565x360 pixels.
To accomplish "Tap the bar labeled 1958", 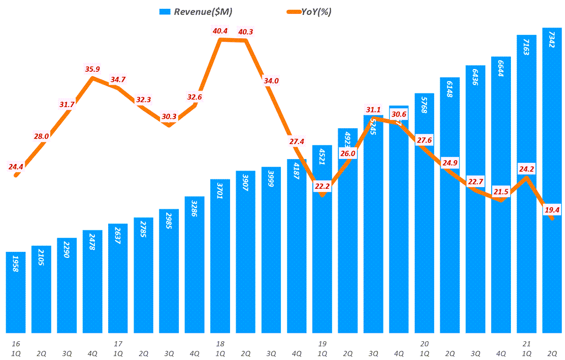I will tap(17, 293).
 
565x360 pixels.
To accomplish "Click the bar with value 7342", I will tap(552, 182).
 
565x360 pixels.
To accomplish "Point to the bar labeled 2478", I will tap(93, 282).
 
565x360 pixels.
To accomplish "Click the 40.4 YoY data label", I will tap(220, 31).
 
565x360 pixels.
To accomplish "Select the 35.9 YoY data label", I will tap(92, 69).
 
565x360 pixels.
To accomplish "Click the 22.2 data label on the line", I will tap(322, 187).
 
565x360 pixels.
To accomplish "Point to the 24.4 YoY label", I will tap(16, 166).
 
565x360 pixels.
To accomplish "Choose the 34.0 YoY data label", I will tap(271, 81).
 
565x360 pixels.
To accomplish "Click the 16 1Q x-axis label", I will tap(16, 348).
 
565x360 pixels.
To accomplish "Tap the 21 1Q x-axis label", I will tap(526, 348).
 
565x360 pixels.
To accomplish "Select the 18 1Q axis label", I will tap(220, 348).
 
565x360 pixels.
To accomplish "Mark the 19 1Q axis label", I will tap(322, 348).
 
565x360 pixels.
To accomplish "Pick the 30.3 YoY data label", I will tap(169, 117).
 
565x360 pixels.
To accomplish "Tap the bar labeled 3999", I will tap(271, 251).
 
